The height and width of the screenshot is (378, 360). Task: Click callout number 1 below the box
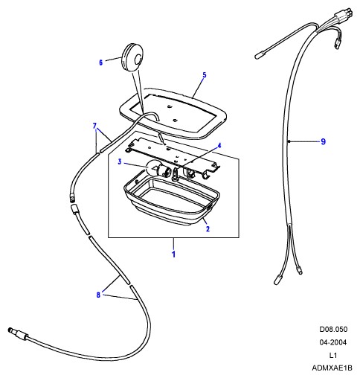[173, 254]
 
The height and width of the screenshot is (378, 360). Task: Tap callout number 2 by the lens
[208, 228]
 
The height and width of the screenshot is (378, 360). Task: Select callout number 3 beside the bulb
[120, 162]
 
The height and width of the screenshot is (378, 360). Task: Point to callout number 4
[219, 146]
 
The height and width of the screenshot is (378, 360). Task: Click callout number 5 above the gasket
[205, 74]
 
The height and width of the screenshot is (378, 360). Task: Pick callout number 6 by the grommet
[100, 63]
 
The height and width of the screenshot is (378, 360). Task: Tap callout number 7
[94, 126]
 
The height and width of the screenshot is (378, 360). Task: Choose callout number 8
[98, 295]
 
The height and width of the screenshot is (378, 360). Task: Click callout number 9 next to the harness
[323, 141]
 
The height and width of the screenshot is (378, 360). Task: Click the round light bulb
[153, 169]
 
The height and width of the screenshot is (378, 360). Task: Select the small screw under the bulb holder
[176, 174]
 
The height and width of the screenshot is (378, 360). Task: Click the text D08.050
[333, 329]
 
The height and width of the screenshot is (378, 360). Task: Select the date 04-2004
[332, 342]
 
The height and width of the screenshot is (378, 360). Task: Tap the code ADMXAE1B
[332, 368]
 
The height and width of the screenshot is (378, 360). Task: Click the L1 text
[333, 355]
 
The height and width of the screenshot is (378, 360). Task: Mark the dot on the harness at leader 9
[289, 141]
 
